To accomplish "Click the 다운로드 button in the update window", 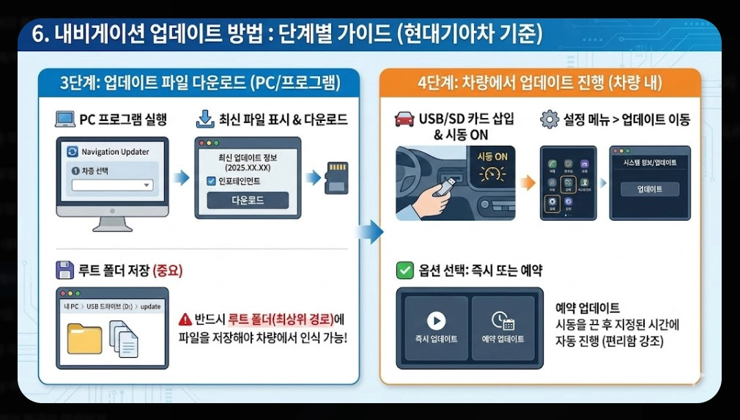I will (248, 200).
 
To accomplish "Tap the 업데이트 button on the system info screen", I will (650, 189).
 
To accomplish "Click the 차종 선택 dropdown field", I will (113, 185).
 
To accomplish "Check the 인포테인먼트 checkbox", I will (212, 181).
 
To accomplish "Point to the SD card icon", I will (336, 178).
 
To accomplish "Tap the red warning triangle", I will (185, 320).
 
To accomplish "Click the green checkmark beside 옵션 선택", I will (404, 270).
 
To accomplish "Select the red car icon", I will (404, 119).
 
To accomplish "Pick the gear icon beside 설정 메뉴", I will (550, 119).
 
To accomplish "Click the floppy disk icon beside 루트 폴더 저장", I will (65, 270).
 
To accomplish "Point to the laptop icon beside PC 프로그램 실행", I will (65, 119).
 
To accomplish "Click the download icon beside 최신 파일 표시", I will (206, 119).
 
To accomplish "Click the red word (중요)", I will (167, 270).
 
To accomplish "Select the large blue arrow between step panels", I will (369, 232).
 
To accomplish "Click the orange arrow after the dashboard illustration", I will (527, 183).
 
